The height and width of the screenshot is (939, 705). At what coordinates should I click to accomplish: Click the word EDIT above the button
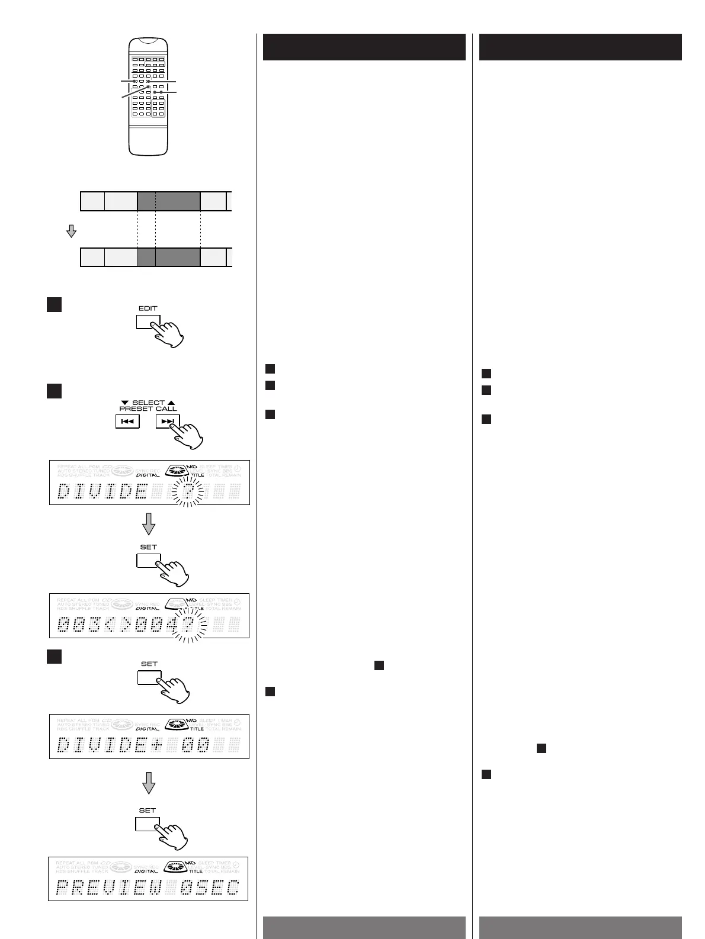point(148,308)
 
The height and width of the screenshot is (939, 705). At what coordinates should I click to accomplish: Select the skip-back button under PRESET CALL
point(127,422)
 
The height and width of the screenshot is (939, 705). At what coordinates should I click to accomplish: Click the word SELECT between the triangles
point(148,403)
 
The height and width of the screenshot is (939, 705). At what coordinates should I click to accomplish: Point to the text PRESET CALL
point(148,409)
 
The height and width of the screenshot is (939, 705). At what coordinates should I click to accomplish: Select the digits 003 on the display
point(80,625)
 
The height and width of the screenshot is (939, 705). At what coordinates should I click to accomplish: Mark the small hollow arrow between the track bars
point(71,231)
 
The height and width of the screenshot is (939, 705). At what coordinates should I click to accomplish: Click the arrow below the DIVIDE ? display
point(149,523)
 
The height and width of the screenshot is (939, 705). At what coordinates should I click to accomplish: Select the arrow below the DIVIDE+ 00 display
point(149,782)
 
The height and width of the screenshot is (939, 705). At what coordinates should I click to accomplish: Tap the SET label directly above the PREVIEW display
point(148,810)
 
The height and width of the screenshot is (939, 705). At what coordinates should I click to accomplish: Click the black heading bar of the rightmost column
point(580,47)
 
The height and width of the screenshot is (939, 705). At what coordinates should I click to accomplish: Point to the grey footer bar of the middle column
point(364,927)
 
